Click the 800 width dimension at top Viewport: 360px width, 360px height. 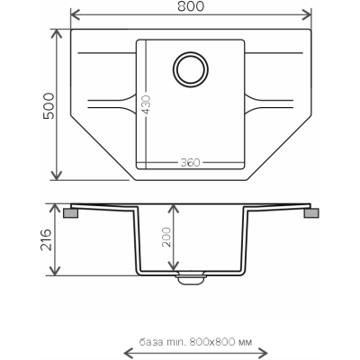pyautogui.click(x=191, y=6)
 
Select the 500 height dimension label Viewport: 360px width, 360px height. pyautogui.click(x=49, y=106)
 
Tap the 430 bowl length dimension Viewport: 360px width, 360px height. pyautogui.click(x=146, y=104)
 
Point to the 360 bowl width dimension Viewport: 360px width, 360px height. pyautogui.click(x=190, y=162)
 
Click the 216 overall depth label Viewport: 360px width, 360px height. pyautogui.click(x=47, y=240)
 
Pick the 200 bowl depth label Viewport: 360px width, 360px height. pyautogui.click(x=166, y=238)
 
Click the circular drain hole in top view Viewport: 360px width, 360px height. pyautogui.click(x=191, y=69)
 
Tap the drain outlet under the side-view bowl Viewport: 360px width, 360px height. pyautogui.click(x=191, y=278)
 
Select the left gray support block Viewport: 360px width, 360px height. pyautogui.click(x=71, y=213)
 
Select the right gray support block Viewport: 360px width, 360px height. pyautogui.click(x=311, y=213)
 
